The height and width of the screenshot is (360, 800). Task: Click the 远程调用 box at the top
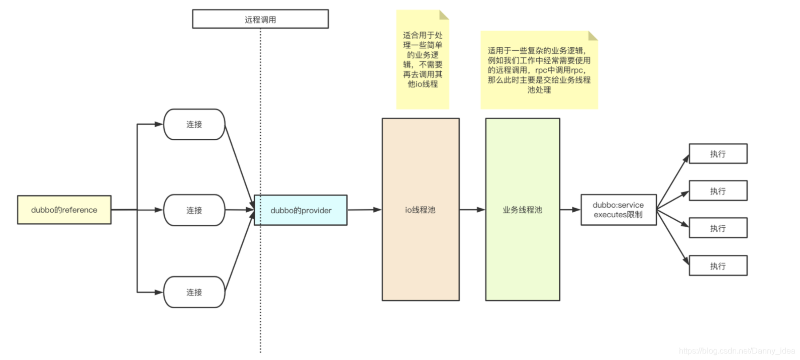pos(260,19)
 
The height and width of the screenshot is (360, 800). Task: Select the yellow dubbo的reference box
pos(64,210)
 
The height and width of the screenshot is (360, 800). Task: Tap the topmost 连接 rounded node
pos(194,124)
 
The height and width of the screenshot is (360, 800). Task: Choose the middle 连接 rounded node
pos(194,210)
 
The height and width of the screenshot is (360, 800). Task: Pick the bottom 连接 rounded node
pos(194,292)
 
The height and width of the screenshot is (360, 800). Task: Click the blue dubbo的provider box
pos(301,210)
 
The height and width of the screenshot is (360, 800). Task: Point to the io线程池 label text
pos(420,210)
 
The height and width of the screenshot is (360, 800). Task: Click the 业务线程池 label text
pos(523,210)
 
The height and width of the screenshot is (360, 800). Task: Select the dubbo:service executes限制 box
pos(619,210)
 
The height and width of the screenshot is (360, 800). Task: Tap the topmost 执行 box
pos(718,154)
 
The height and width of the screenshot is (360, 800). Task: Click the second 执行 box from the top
pos(718,191)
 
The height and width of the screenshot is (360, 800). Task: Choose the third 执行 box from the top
pos(718,228)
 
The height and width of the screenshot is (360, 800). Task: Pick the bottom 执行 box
pos(718,266)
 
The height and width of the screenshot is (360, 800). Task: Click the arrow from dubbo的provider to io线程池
pos(364,210)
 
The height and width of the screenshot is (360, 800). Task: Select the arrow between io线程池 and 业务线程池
pos(472,210)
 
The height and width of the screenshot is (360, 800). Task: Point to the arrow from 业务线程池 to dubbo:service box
pos(570,210)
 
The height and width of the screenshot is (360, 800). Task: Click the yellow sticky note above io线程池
pos(423,59)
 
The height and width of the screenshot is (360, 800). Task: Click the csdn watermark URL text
pos(737,351)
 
